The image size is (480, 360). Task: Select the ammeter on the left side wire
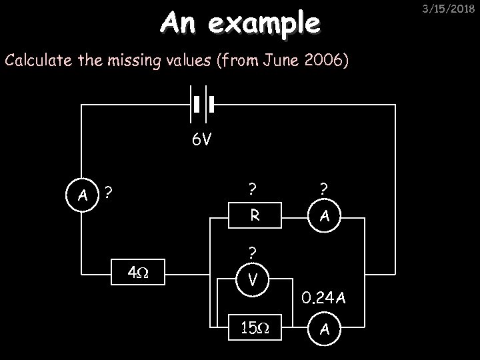tap(83, 195)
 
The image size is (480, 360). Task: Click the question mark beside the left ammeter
tap(107, 193)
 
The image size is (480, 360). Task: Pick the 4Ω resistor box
tap(139, 273)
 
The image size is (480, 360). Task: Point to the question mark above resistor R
tap(253, 189)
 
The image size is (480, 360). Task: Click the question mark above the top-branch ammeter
tap(323, 189)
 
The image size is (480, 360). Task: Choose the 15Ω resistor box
tap(254, 328)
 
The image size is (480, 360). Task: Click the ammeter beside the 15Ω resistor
tap(323, 328)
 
